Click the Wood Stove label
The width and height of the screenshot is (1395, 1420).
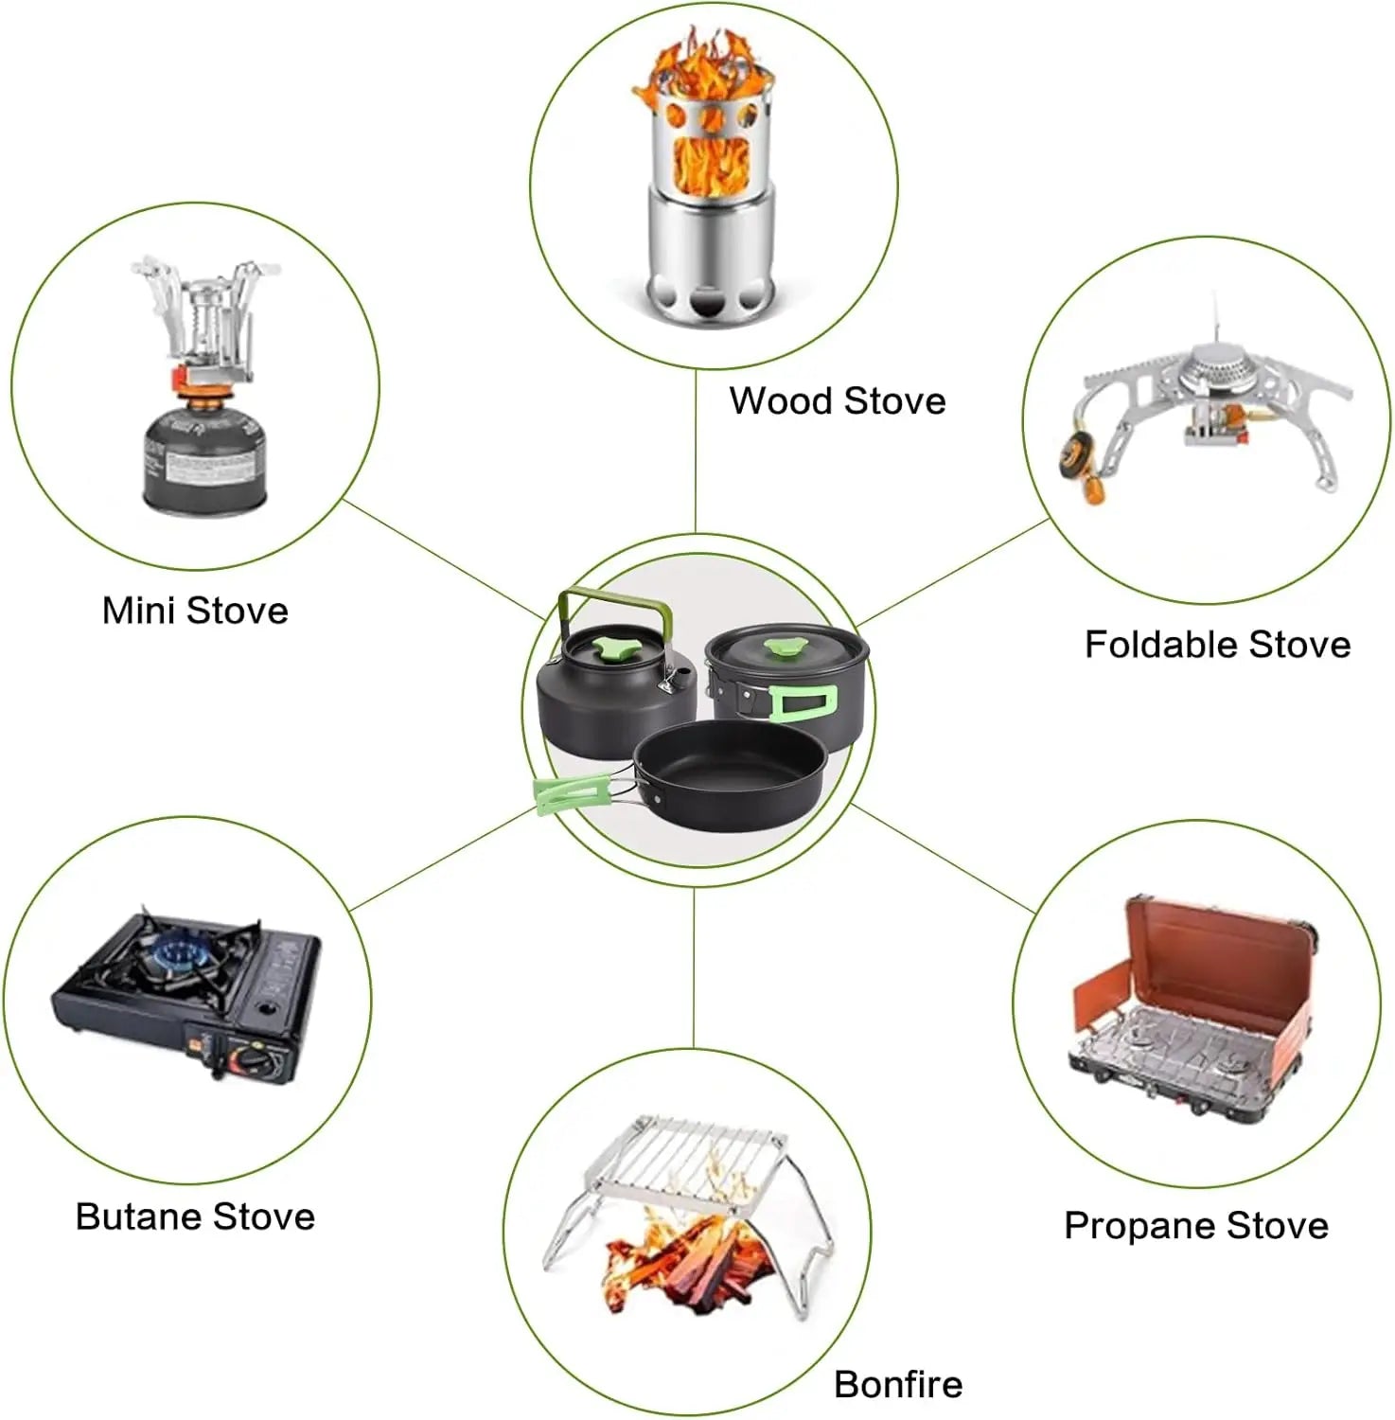click(x=837, y=400)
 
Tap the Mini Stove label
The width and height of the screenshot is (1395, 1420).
click(x=195, y=611)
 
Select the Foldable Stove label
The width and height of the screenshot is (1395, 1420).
click(x=1217, y=645)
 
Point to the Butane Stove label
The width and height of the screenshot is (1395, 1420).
click(x=195, y=1216)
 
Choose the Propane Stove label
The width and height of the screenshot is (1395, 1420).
click(x=1196, y=1226)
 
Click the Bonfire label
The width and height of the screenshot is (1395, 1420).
click(x=898, y=1384)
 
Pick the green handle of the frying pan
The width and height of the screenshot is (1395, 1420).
click(x=572, y=793)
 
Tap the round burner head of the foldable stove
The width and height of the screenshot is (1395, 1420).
click(x=1220, y=368)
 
